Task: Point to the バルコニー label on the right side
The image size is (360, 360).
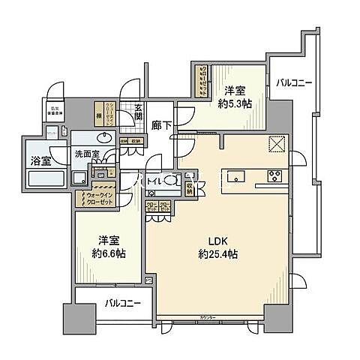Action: pyautogui.click(x=293, y=82)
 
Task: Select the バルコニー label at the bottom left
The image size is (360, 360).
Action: pyautogui.click(x=118, y=304)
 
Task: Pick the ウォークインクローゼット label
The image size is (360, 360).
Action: pyautogui.click(x=95, y=197)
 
